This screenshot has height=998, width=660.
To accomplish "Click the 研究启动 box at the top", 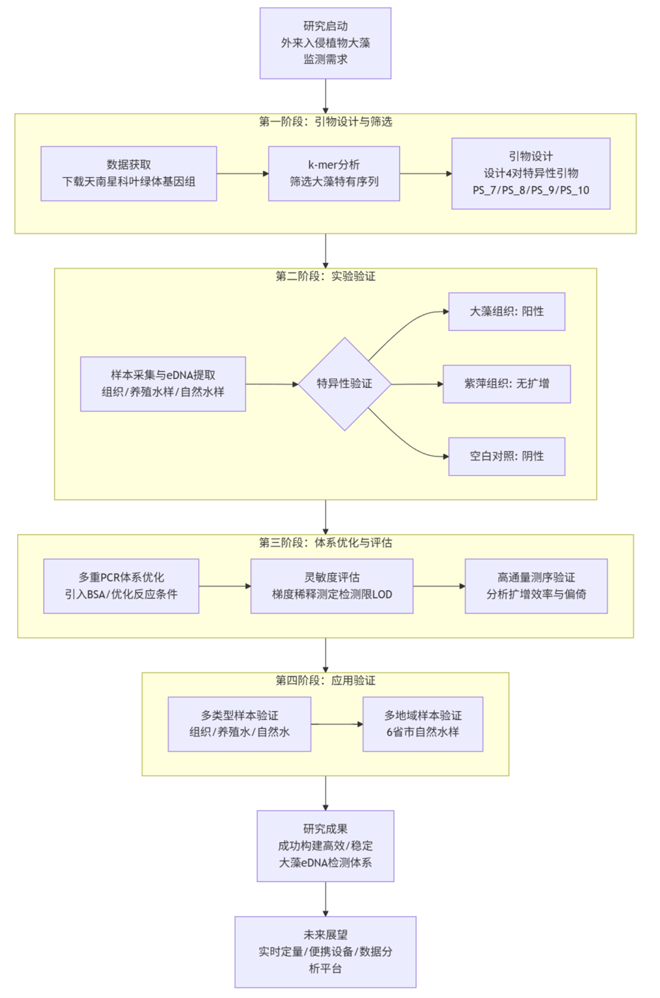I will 325,43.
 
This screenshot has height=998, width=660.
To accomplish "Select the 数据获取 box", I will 128,173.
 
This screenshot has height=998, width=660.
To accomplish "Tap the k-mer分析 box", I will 333,173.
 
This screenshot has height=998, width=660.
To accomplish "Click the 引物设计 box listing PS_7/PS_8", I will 530,173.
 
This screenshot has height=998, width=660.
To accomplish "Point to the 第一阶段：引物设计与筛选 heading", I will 325,121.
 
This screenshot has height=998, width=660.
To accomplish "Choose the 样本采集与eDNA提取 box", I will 163,384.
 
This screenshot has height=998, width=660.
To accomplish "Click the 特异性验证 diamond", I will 344,384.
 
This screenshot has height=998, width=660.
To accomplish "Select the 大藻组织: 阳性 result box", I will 506,312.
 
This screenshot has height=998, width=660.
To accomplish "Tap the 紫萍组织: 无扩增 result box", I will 506,384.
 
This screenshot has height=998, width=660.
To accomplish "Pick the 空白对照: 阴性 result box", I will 506,456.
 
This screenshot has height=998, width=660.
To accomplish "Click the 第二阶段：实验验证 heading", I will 325,276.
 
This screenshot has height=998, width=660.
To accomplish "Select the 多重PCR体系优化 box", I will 121,585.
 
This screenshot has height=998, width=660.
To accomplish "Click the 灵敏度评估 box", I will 331,585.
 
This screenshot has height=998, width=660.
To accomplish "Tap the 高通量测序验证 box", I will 536,585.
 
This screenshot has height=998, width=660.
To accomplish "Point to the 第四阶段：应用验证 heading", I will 325,680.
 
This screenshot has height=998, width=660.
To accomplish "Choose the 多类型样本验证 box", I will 239,723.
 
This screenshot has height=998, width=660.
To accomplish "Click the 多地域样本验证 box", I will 423,723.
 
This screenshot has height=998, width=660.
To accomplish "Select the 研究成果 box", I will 325,846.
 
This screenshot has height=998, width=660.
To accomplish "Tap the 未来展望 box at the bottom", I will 325,951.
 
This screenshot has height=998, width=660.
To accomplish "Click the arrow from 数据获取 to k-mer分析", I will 242,174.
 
